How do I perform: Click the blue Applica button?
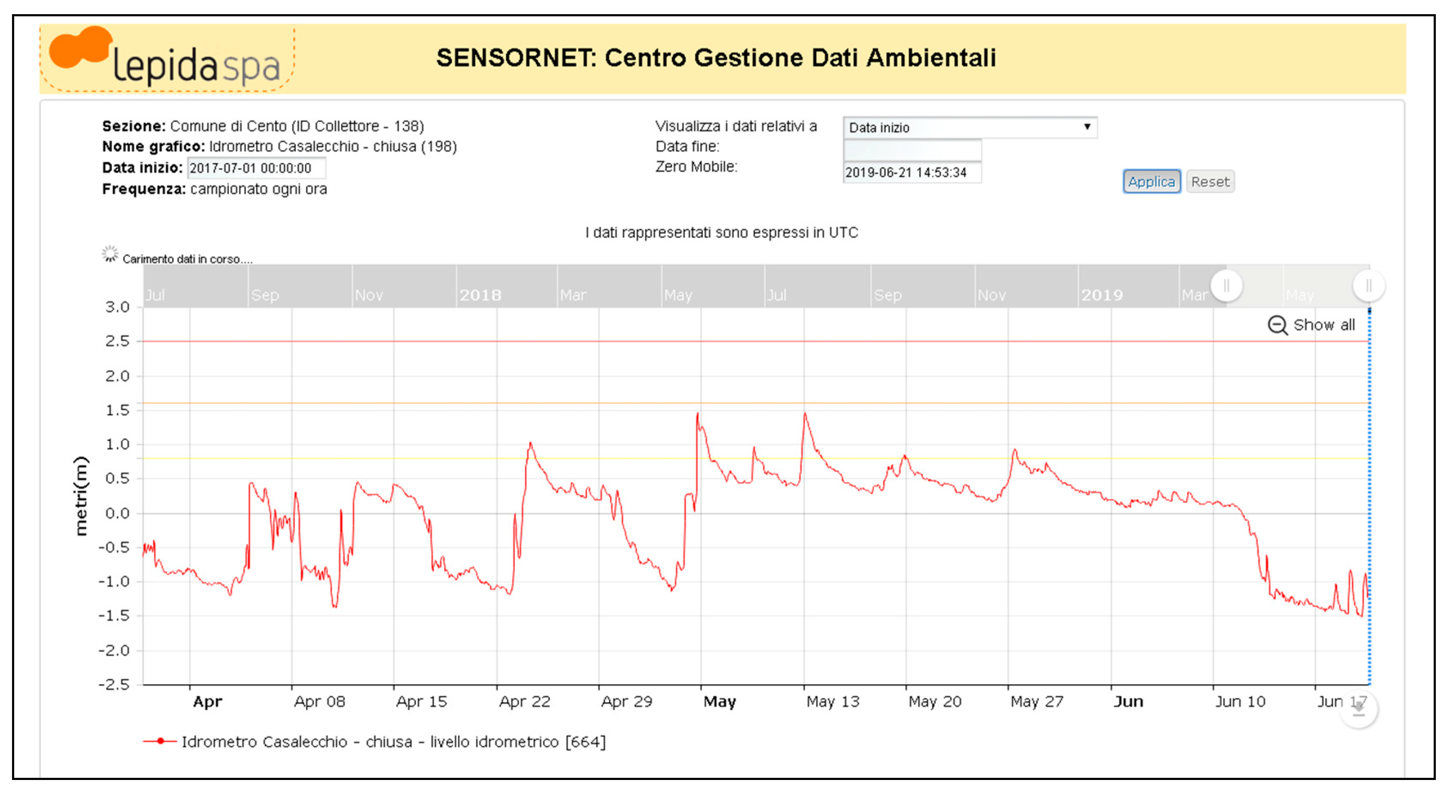pyautogui.click(x=1151, y=182)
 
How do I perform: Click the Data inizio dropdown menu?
pyautogui.click(x=969, y=127)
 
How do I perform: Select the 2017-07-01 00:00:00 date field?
pyautogui.click(x=256, y=168)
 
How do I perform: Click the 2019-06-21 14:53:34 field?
pyautogui.click(x=912, y=173)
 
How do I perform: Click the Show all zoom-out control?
pyautogui.click(x=1311, y=325)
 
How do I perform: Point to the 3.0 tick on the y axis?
pyautogui.click(x=117, y=307)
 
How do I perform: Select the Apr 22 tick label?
pyautogui.click(x=524, y=701)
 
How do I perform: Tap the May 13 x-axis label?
pyautogui.click(x=833, y=701)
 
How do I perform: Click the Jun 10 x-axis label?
pyautogui.click(x=1240, y=701)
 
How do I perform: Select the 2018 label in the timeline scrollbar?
pyautogui.click(x=480, y=295)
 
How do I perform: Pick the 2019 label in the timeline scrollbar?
pyautogui.click(x=1102, y=295)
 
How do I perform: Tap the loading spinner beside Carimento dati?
pyautogui.click(x=110, y=254)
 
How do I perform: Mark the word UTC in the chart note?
pyautogui.click(x=843, y=232)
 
